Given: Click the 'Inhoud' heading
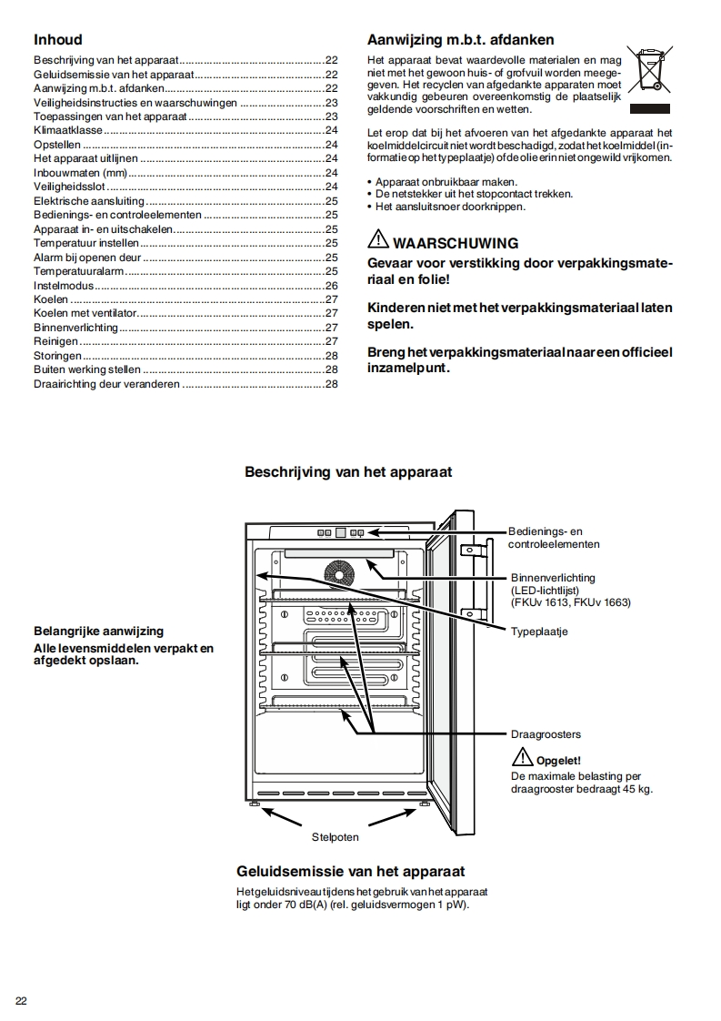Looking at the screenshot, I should [57, 40].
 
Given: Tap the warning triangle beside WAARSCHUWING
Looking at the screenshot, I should [377, 241].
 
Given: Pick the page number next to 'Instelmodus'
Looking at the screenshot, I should [331, 285].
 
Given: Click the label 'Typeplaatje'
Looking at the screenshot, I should [539, 631].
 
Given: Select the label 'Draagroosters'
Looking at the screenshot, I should [546, 733].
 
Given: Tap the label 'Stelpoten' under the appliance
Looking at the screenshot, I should [335, 836].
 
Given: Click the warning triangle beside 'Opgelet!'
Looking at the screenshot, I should [521, 757].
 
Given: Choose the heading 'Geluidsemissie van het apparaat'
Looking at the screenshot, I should [350, 871].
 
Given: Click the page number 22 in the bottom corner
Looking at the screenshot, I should [21, 1001].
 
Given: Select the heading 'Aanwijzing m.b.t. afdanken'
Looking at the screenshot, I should [460, 40].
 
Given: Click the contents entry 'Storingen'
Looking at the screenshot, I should [57, 355].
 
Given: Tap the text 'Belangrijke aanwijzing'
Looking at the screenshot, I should [98, 631].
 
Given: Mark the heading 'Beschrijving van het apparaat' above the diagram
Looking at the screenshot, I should [348, 472].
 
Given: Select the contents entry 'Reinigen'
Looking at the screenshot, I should [55, 341].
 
